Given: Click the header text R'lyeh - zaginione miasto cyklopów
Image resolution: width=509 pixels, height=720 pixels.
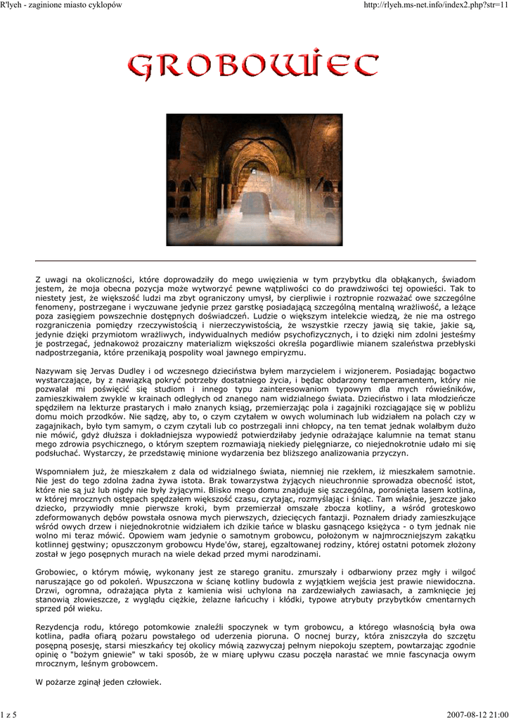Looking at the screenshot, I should coord(62,5).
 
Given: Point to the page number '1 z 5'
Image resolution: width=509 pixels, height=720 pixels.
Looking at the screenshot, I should coord(8,714).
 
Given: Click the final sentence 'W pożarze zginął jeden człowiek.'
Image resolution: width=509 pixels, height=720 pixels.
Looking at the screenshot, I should coord(98,682).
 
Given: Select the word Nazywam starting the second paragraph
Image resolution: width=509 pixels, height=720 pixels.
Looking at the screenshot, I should coord(53,371).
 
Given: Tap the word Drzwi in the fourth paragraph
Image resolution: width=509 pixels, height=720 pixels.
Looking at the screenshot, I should coord(46,591).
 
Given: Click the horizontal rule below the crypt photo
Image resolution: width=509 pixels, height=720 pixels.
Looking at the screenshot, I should coord(255,261).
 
